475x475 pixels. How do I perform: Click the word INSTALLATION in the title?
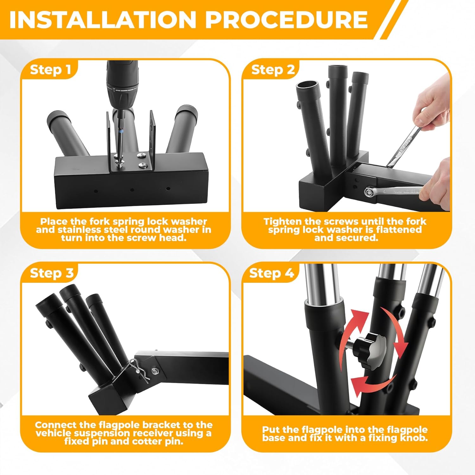coord(103,20)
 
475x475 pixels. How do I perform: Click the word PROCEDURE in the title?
coord(287,20)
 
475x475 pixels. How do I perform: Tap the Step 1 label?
coord(51,70)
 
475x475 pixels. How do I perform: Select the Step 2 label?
coord(273,70)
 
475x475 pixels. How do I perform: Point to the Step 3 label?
coord(52,273)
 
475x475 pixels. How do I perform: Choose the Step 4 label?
coord(272,273)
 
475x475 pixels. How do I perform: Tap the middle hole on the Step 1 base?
coord(132,190)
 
